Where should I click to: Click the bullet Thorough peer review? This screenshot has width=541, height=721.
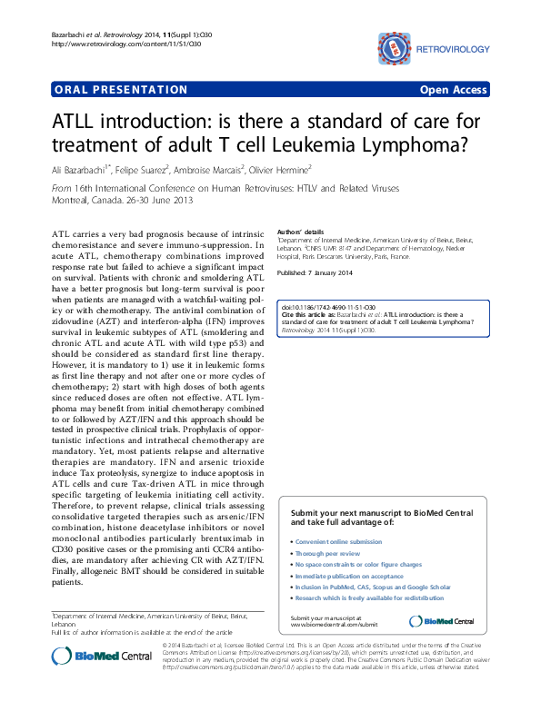click(329, 552)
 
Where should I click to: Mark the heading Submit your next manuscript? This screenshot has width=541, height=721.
click(380, 514)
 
